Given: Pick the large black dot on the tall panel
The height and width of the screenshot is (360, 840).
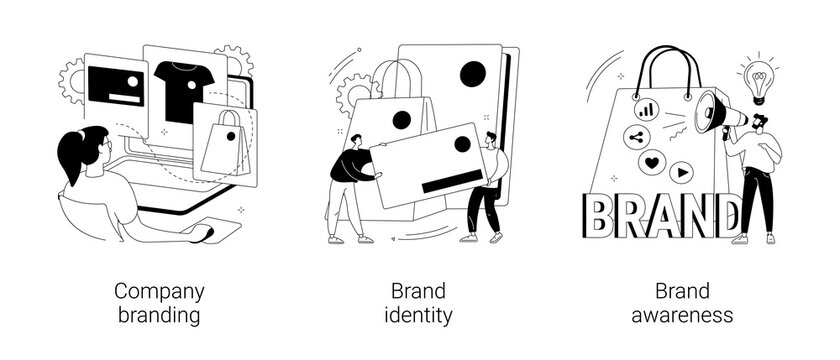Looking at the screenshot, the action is tap(473, 73).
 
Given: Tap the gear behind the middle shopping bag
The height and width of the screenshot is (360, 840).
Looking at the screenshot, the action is tap(353, 88).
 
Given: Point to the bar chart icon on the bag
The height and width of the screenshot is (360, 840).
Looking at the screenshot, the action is tap(648, 104).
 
